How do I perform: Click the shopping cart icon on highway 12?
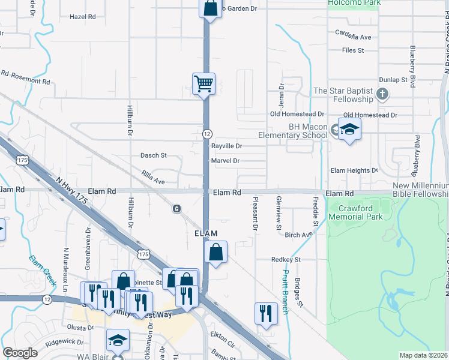[203, 84]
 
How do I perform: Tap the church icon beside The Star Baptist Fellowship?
[382, 94]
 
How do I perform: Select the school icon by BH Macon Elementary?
[349, 130]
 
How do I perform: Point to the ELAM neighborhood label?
[205, 232]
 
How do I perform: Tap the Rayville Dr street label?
[226, 146]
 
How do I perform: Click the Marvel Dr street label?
[225, 161]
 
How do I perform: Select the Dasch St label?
[153, 155]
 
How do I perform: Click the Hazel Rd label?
[83, 17]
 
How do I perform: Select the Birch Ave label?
[298, 235]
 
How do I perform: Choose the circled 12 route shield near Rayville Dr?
[206, 133]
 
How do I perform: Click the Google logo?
[20, 353]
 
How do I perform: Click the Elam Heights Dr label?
[354, 170]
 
